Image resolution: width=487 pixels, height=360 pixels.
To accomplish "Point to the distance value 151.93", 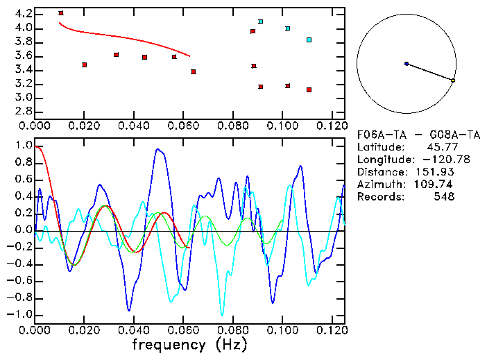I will coord(438,172).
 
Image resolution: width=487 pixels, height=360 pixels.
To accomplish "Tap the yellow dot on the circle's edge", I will coord(453,81).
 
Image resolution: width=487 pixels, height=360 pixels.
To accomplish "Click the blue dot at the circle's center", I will coord(407,64).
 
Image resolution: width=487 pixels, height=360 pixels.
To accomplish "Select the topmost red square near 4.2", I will coord(61,13).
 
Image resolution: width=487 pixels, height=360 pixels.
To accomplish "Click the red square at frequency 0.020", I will coord(85,65).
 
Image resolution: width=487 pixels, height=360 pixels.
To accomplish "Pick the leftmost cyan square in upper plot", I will coord(261,22).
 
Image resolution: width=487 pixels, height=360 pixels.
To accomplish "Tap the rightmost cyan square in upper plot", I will coord(309,40).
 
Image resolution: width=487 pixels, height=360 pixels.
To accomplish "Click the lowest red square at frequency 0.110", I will coord(309,89).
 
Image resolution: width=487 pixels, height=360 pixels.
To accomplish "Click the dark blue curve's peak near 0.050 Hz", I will coord(158,149).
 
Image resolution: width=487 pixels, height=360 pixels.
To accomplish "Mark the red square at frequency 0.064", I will coord(194,71).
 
